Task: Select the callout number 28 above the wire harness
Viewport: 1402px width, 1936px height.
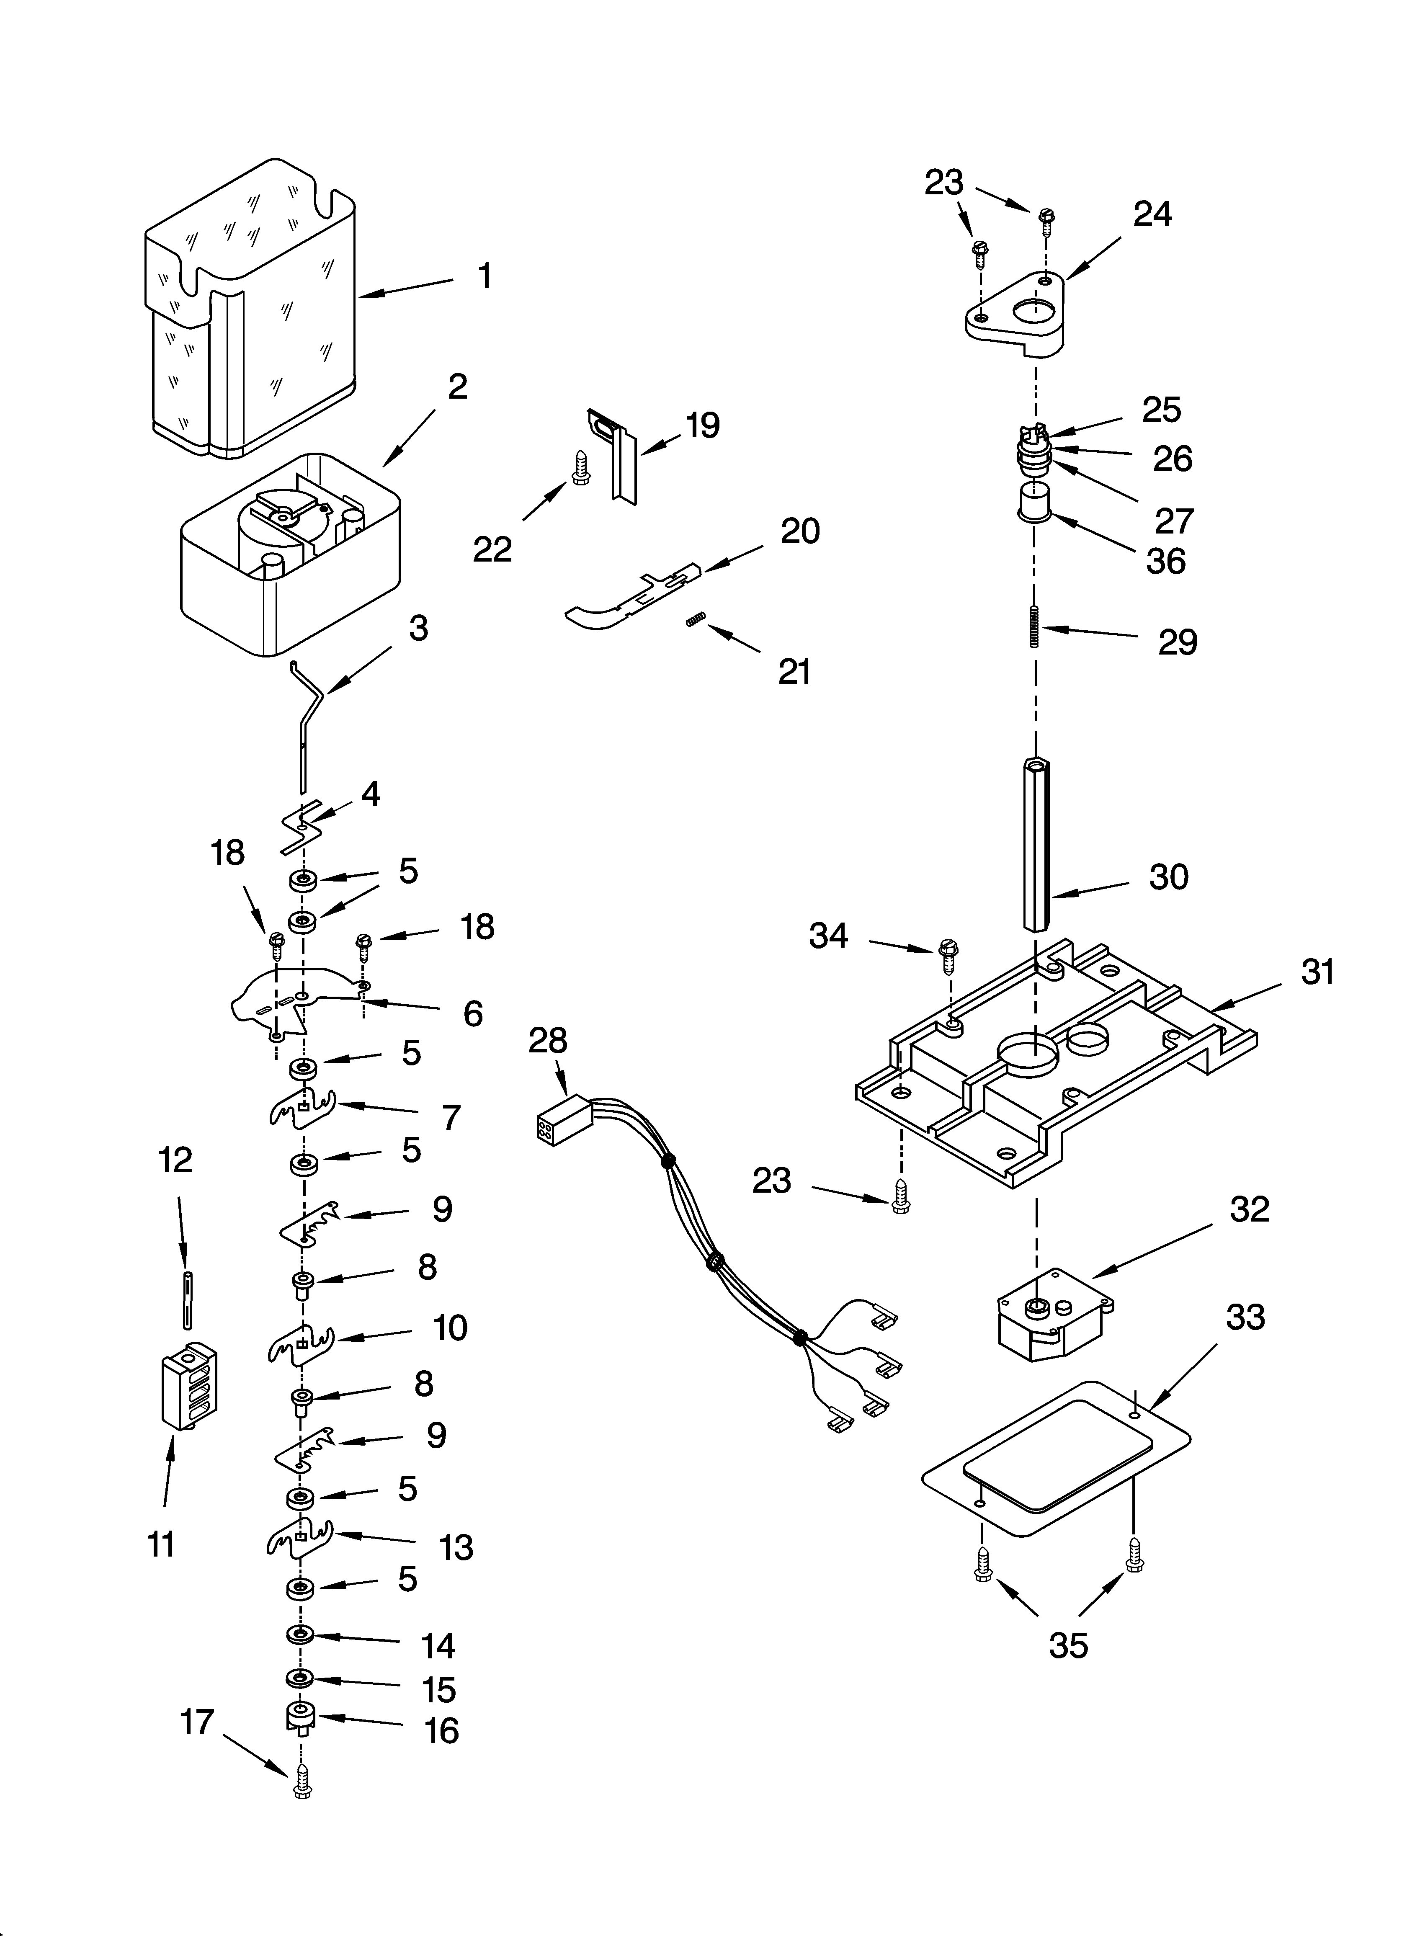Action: point(547,1041)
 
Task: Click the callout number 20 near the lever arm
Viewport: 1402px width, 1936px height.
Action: point(800,531)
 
